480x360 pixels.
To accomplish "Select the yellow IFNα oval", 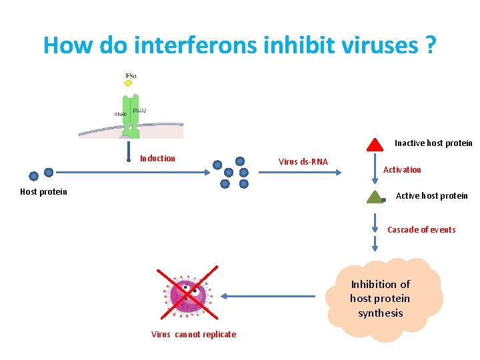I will [129, 84].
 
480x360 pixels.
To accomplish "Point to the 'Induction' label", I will [157, 159].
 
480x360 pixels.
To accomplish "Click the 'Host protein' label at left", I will [44, 192].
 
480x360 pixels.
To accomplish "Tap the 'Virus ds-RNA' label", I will [303, 162].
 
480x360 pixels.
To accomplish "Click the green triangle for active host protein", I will [375, 196].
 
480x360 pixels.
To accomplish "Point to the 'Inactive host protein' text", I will [433, 143].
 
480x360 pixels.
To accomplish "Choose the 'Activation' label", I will [402, 170].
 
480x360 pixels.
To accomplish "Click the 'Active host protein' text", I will [431, 196].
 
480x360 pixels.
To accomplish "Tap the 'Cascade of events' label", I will [421, 230].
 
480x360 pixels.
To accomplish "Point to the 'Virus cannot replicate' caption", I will [193, 335].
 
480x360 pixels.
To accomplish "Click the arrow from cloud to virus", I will [267, 296].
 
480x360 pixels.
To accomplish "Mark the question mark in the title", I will [430, 45].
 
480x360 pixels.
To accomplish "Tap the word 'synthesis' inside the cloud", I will [380, 313].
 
